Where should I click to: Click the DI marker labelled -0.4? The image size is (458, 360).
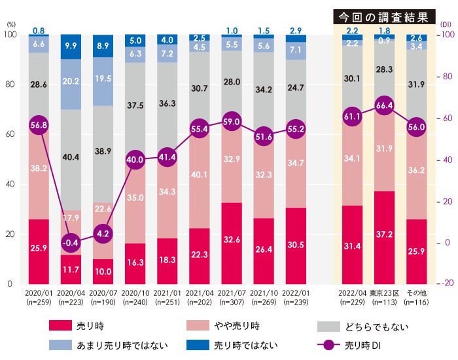coord(71,243)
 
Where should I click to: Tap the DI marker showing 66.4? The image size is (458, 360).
coord(384,105)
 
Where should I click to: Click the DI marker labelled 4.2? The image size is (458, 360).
coord(102,233)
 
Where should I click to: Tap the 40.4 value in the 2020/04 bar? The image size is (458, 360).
coord(71,157)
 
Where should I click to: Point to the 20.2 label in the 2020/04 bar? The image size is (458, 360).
coord(71,82)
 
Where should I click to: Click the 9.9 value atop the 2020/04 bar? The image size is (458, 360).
coord(71,46)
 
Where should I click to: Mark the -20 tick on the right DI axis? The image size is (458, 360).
coord(447,283)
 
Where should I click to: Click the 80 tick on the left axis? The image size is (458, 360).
coord(9,84)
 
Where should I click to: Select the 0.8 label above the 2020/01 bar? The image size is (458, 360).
coord(39,29)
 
